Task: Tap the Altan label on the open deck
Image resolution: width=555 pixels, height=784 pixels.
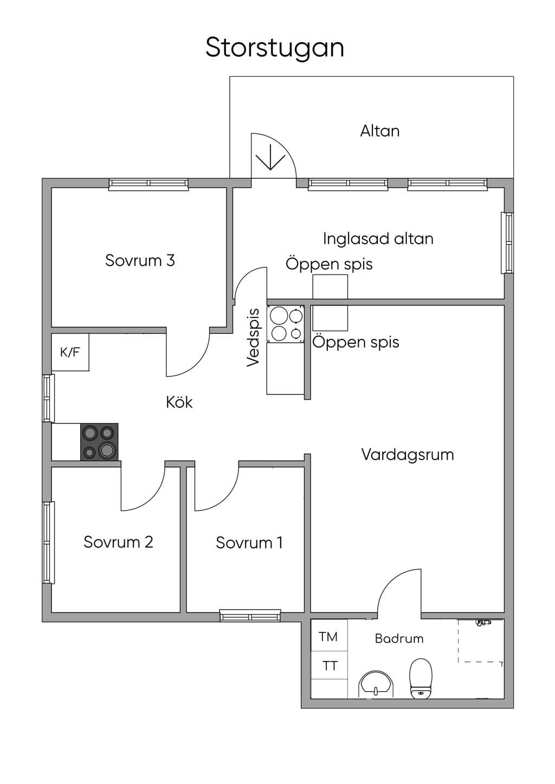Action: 380,131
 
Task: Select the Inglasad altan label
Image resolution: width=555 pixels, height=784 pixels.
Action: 378,239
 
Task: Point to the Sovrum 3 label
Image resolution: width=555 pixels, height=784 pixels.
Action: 140,260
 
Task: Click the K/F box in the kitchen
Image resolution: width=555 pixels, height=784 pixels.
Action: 70,352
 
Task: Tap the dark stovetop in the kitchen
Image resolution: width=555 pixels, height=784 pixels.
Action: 99,442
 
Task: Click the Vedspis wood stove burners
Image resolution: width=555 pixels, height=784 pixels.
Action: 285,324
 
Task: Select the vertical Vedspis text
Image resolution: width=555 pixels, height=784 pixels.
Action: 253,338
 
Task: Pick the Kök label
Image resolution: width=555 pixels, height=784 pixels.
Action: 179,402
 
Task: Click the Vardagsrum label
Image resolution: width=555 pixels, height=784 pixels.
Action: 408,455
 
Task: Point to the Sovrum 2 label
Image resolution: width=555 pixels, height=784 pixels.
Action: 119,542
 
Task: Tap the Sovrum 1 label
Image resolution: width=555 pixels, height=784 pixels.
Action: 249,543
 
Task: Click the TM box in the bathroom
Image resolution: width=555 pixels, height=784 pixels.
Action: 328,637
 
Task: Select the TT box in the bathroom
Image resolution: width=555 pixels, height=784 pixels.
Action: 329,665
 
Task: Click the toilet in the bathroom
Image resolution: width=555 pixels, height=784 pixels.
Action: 421,678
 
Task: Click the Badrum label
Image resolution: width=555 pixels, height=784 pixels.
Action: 399,639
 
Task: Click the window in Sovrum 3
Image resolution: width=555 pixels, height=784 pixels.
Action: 149,185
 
